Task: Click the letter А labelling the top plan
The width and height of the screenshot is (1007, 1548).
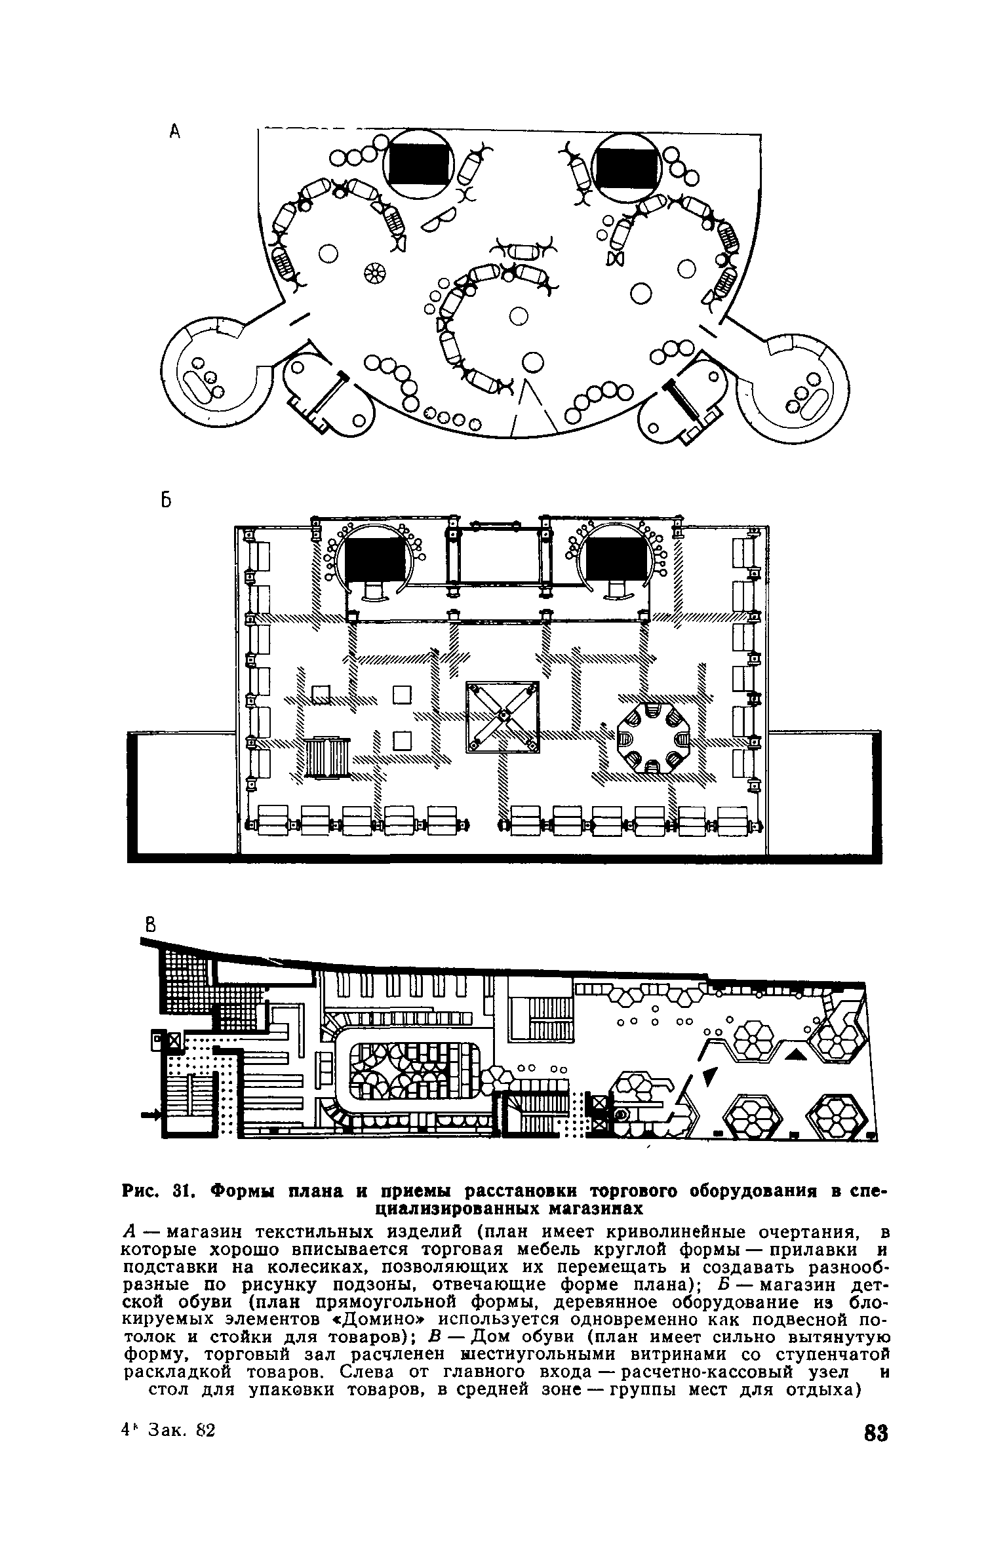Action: pyautogui.click(x=174, y=132)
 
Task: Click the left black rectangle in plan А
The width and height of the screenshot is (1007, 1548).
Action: pyautogui.click(x=420, y=164)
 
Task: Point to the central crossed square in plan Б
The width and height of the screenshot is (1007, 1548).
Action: pyautogui.click(x=502, y=716)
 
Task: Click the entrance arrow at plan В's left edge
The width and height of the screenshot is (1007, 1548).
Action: pyautogui.click(x=153, y=1113)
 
